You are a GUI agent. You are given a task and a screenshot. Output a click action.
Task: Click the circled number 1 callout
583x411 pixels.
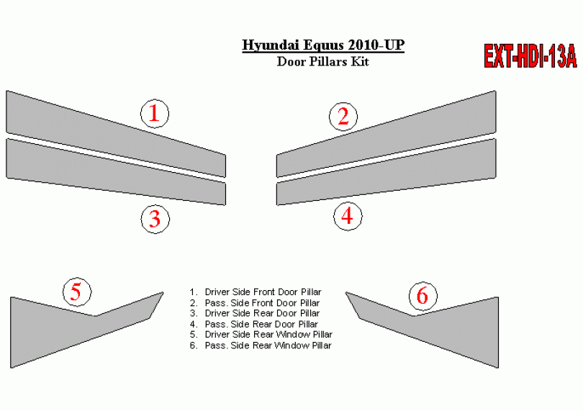coord(155,114)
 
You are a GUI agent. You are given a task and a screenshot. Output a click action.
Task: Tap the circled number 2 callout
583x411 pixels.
coord(343,117)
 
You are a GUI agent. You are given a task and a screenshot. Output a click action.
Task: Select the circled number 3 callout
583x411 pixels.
coord(155,219)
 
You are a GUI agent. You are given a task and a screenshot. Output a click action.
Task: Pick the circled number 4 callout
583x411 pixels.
coord(348,216)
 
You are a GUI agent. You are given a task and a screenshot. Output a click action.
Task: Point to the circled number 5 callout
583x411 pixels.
coord(77,292)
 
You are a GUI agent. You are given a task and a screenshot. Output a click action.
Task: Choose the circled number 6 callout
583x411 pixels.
coord(423,296)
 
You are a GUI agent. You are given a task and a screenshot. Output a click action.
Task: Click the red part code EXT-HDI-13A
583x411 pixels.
coord(530,56)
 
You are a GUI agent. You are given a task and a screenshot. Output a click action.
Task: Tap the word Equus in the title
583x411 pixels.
coord(323,45)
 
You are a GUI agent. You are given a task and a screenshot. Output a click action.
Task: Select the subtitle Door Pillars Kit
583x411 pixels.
coord(322,61)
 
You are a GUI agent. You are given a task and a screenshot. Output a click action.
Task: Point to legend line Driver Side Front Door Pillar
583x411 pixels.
coord(255,292)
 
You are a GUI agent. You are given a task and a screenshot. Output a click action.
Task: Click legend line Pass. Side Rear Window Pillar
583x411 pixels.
coord(261,345)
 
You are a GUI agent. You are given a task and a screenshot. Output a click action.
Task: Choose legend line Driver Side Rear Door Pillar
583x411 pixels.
coord(254,313)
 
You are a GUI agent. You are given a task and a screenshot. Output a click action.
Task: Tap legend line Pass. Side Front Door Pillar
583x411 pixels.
coord(254,303)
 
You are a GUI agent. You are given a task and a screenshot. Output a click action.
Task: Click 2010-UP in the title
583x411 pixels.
coord(376,45)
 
